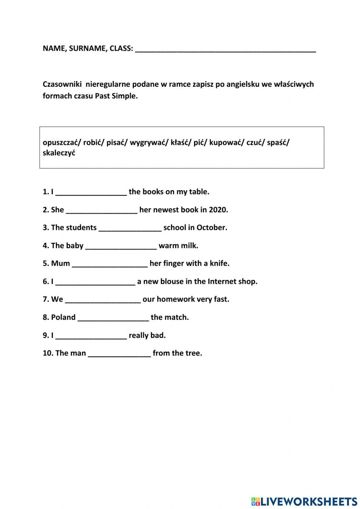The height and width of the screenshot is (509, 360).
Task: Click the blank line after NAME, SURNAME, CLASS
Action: tap(225, 50)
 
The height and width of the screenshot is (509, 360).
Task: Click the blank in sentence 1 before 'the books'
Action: tap(91, 192)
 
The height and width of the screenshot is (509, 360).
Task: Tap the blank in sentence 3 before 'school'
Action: tap(130, 228)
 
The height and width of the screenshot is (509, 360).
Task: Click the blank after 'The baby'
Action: tap(121, 246)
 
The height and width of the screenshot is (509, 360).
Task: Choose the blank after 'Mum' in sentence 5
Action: tap(110, 264)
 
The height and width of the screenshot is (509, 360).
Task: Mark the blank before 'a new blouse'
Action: tap(95, 282)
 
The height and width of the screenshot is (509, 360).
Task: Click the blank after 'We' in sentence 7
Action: tap(103, 300)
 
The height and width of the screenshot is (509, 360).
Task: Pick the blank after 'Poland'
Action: tap(113, 318)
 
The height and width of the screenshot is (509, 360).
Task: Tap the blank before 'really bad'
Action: tap(91, 336)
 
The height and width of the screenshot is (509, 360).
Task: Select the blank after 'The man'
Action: tap(119, 354)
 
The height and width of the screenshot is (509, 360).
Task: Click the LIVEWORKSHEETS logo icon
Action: tap(255, 501)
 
